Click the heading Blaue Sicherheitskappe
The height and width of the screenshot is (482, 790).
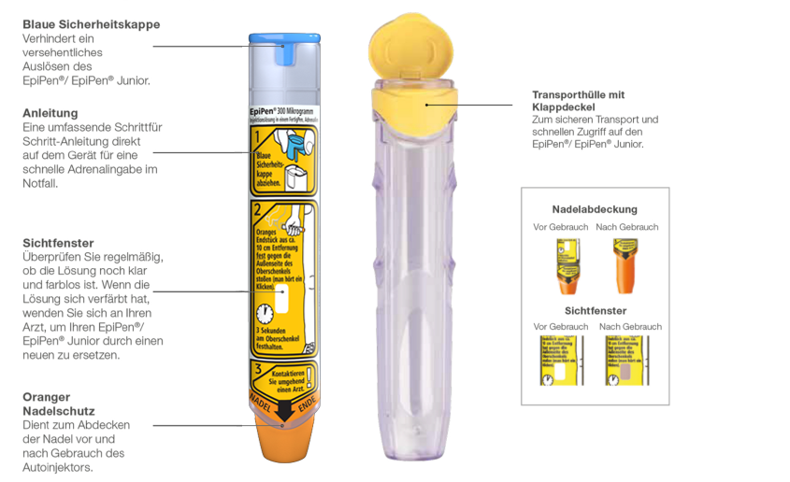[91, 23]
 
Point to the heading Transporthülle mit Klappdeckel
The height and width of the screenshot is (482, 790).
[578, 101]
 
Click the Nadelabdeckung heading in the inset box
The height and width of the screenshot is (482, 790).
[595, 209]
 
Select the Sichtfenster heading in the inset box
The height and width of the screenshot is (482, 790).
[595, 310]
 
